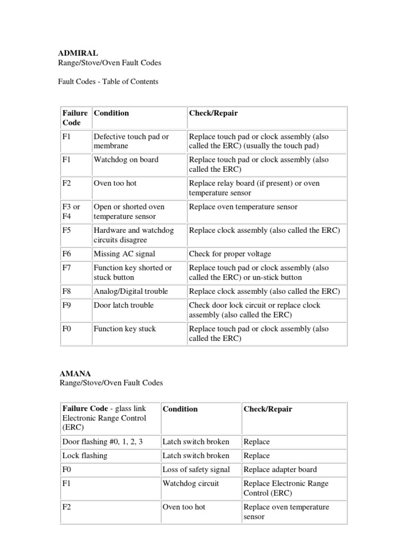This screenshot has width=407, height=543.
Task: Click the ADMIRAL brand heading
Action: pyautogui.click(x=78, y=53)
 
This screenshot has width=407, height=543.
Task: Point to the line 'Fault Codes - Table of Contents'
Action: pyautogui.click(x=108, y=82)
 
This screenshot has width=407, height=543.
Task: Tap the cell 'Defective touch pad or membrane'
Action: pyautogui.click(x=131, y=141)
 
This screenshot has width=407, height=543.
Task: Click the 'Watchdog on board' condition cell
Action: pyautogui.click(x=126, y=160)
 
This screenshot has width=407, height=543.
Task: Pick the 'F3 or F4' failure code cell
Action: pyautogui.click(x=75, y=211)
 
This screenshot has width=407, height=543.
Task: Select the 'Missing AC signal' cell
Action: pyautogui.click(x=124, y=254)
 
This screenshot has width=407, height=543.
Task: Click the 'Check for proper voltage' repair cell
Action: pyautogui.click(x=230, y=254)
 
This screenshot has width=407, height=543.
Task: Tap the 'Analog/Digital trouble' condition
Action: pyautogui.click(x=130, y=291)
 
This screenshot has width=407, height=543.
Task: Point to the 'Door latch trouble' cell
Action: pyautogui.click(x=123, y=305)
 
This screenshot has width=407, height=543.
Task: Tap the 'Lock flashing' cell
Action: pyautogui.click(x=85, y=456)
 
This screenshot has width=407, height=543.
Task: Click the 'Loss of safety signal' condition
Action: pyautogui.click(x=196, y=469)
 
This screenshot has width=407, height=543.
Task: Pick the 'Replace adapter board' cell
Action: pyautogui.click(x=280, y=469)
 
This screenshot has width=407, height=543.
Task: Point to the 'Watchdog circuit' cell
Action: pyautogui.click(x=190, y=483)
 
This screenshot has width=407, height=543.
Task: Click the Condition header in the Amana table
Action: pyautogui.click(x=180, y=409)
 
